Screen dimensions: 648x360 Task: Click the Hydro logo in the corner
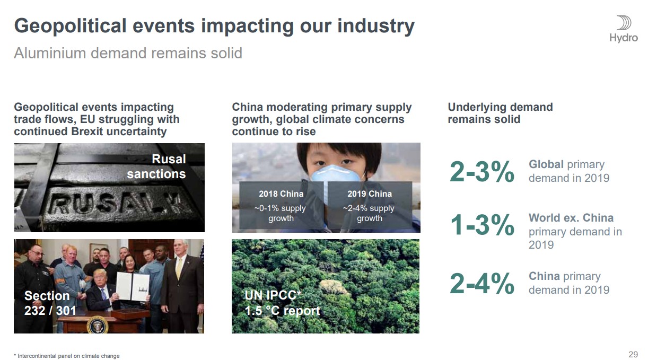[624, 29]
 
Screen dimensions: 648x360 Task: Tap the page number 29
[633, 354]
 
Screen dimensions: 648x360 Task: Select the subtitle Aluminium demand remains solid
[128, 53]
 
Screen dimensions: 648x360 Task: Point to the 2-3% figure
[481, 172]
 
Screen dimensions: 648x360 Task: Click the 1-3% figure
[482, 225]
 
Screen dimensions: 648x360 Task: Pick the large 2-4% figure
[481, 284]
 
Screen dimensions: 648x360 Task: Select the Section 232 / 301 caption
[50, 303]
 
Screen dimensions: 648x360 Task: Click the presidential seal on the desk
[98, 326]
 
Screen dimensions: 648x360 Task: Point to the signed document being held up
[133, 286]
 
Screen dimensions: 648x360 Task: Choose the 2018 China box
[281, 205]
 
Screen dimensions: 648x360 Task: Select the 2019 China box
[370, 205]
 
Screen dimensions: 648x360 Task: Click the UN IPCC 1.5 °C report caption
[282, 303]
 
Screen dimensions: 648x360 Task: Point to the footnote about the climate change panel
[66, 356]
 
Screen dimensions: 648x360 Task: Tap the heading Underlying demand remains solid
[500, 113]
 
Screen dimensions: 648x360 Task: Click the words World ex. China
[571, 218]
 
